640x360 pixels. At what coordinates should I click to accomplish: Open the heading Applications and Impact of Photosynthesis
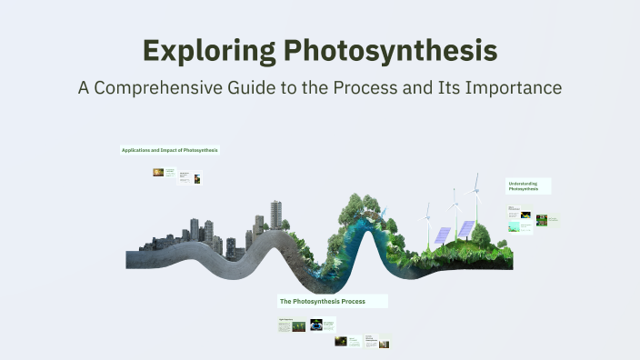pyautogui.click(x=169, y=149)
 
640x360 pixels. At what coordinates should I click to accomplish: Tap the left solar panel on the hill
pyautogui.click(x=443, y=234)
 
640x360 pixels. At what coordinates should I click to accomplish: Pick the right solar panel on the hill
pyautogui.click(x=465, y=227)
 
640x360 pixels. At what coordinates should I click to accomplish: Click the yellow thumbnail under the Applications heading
pyautogui.click(x=158, y=172)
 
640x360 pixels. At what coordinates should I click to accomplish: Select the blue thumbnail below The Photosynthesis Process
pyautogui.click(x=316, y=324)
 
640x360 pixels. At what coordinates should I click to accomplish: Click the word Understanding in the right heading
pyautogui.click(x=522, y=183)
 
